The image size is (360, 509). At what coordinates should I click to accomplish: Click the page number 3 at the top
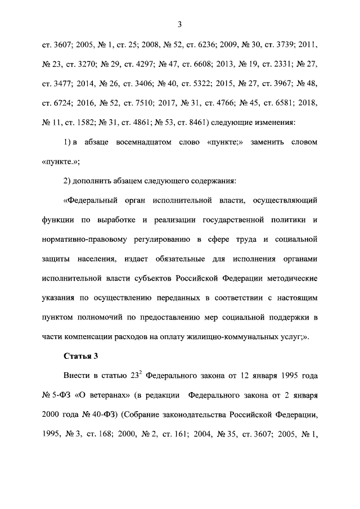(x=179, y=24)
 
